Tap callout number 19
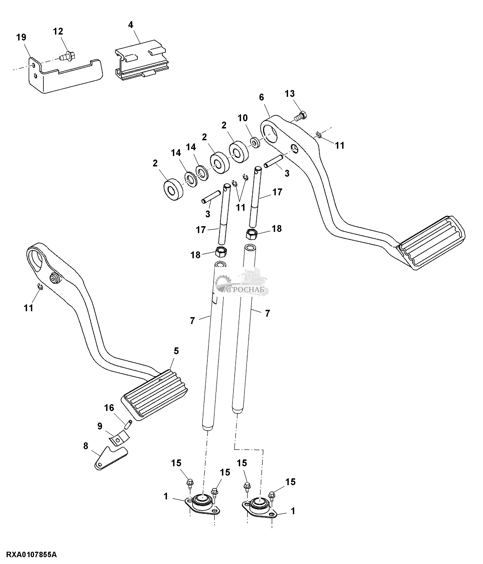pos(21,38)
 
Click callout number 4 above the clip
pos(131,25)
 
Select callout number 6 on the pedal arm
pos(261,97)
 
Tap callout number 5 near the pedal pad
pos(176,351)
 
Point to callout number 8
pos(86,446)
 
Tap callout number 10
pos(243,118)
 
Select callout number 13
pos(290,94)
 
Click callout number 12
pos(58,32)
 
